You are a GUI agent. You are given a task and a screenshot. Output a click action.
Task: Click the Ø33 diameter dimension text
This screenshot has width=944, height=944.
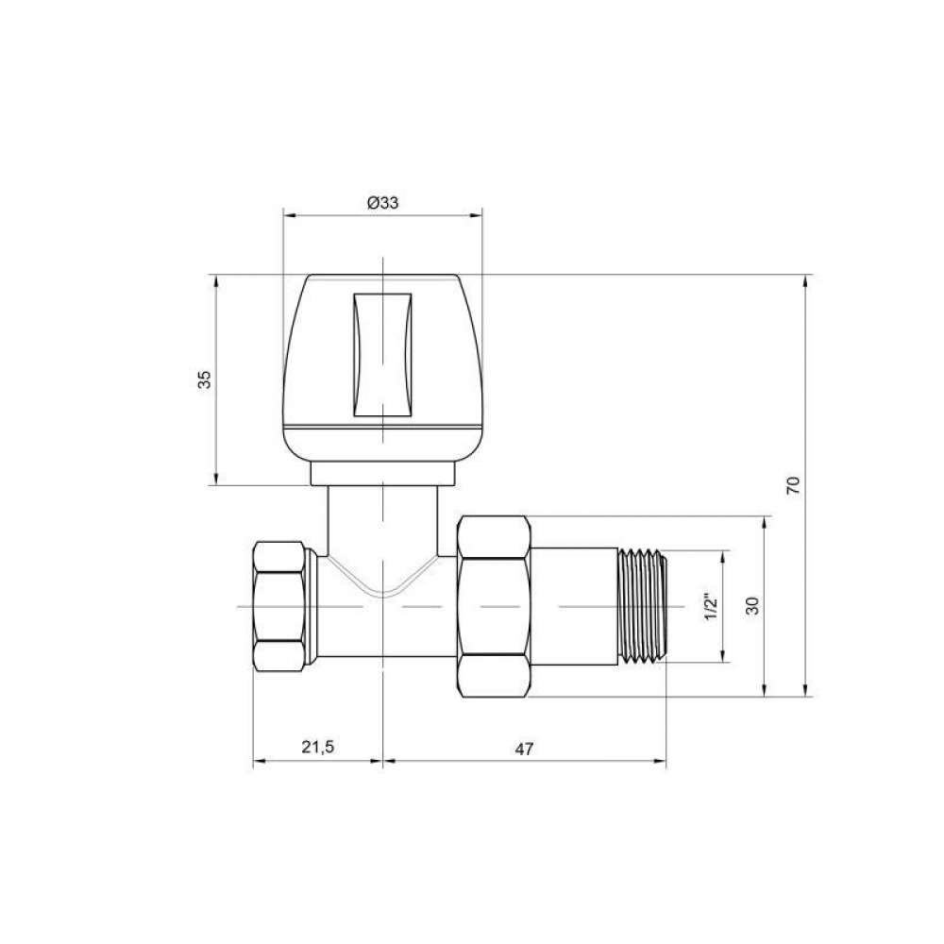tap(382, 202)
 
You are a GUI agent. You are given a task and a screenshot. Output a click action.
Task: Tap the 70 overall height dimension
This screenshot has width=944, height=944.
tap(794, 486)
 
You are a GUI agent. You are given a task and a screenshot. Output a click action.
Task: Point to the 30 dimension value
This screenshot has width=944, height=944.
tap(752, 606)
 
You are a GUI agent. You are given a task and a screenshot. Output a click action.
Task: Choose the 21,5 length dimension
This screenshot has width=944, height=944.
tap(317, 747)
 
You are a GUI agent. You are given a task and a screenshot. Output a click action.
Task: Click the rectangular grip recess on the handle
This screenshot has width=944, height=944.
tap(382, 356)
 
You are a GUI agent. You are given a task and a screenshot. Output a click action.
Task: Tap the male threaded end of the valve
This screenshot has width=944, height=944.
tap(641, 606)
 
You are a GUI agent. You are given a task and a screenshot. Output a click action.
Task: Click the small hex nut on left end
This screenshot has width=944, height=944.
tap(282, 606)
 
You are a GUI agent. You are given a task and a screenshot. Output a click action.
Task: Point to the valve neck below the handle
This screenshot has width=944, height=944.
tap(382, 519)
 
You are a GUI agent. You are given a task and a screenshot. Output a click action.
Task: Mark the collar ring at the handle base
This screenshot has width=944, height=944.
tap(382, 472)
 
